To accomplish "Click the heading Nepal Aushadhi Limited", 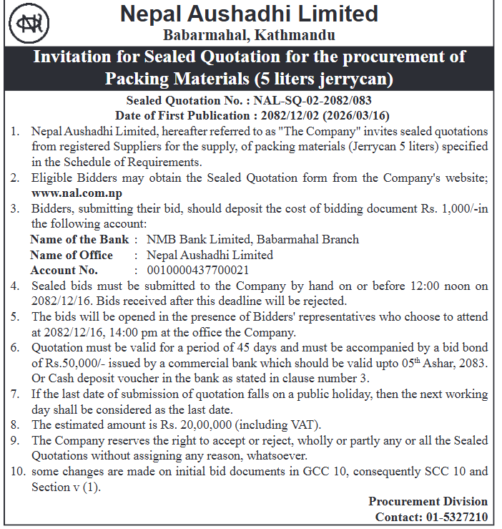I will [x=249, y=14].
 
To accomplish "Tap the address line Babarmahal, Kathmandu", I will [x=249, y=35].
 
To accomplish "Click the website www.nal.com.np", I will [x=77, y=193].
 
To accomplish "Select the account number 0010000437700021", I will [x=198, y=271].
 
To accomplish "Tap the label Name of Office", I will [x=72, y=255].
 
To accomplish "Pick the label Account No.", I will [x=64, y=271].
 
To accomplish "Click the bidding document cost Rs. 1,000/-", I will [x=435, y=208].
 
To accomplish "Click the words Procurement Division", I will [x=428, y=501].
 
